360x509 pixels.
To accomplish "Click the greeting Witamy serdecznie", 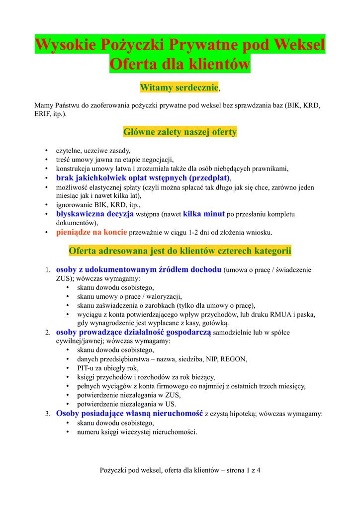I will click(180, 87).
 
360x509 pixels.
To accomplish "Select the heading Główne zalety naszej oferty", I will click(180, 132).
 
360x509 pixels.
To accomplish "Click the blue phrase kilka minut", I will click(204, 214).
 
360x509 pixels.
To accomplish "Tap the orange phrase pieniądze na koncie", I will click(91, 232).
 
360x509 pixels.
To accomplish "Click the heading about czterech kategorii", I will click(180, 250).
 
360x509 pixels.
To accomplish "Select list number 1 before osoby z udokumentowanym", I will click(48, 270).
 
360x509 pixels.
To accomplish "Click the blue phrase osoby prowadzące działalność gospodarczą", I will click(133, 332).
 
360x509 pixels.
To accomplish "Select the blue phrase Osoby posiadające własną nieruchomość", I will click(129, 413).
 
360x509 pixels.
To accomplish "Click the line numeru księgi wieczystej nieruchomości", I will click(137, 431).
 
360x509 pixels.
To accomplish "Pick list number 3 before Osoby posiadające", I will click(48, 414).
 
